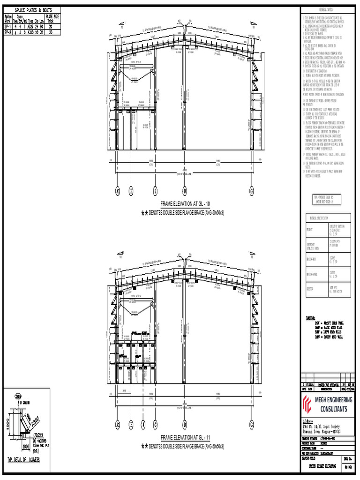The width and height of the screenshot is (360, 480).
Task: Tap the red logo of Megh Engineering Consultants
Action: (x=308, y=405)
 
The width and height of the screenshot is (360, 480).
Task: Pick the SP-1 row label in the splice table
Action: (x=7, y=27)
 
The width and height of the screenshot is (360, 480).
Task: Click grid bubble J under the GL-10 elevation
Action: (x=155, y=191)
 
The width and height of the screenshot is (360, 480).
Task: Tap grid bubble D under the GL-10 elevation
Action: (x=185, y=191)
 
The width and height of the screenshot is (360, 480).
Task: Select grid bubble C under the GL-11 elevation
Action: (x=155, y=425)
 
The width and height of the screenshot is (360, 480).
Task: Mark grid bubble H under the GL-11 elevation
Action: (x=131, y=425)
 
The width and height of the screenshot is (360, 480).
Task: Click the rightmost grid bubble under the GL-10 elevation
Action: (x=252, y=191)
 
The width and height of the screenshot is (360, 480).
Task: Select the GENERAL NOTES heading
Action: (x=325, y=9)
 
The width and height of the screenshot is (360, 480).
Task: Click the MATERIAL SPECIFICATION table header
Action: (x=319, y=219)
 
